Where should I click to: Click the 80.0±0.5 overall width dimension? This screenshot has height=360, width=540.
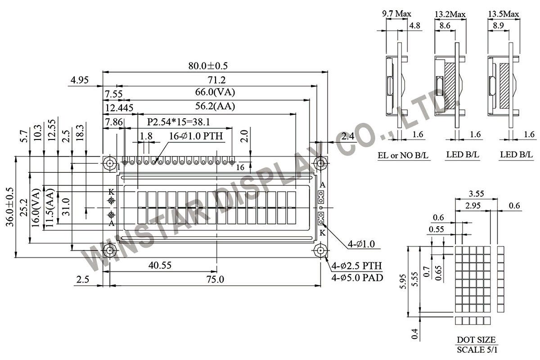[x=208, y=66]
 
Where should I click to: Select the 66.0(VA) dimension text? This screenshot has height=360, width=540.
[x=215, y=92]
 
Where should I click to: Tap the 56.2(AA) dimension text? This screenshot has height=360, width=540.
[x=215, y=106]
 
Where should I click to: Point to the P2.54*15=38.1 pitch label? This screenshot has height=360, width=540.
[x=178, y=122]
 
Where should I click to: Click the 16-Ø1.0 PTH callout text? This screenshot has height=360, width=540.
[x=196, y=136]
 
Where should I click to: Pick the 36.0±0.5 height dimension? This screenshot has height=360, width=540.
[x=10, y=207]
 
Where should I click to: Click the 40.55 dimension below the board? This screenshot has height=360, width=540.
[x=160, y=265]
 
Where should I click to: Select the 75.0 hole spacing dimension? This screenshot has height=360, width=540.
[x=215, y=279]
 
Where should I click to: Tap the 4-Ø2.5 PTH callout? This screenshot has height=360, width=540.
[x=356, y=266]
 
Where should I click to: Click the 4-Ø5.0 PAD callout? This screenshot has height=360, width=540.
[x=357, y=278]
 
